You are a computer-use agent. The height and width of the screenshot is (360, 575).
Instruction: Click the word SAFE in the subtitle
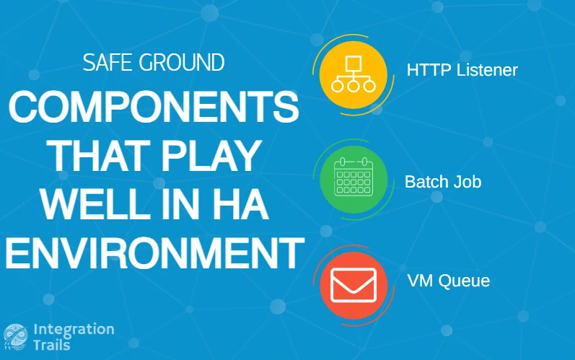(107, 62)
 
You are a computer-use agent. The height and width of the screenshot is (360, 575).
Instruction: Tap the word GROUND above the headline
(182, 62)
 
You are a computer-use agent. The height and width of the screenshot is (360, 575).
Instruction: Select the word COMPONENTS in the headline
(154, 107)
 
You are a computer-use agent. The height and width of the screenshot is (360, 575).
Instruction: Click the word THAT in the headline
(98, 156)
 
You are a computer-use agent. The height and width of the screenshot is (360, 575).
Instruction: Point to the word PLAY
(211, 156)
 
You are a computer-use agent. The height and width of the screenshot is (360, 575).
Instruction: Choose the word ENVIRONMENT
(154, 253)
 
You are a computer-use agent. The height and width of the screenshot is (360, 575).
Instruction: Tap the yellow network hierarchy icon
(353, 75)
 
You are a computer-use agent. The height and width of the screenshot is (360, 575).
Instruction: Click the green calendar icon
(354, 179)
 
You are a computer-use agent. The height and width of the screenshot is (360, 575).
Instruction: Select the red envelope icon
(354, 285)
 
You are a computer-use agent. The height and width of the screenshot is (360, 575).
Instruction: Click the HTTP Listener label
(462, 70)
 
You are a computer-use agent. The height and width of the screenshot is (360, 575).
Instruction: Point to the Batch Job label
(443, 182)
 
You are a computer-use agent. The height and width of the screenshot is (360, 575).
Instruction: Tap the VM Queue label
(449, 281)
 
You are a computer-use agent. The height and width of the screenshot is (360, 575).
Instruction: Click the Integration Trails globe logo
(15, 337)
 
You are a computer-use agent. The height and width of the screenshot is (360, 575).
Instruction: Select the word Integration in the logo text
(74, 329)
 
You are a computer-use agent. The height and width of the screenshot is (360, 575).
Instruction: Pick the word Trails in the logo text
(52, 345)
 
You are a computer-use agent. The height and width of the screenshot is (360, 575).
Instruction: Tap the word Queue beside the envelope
(464, 281)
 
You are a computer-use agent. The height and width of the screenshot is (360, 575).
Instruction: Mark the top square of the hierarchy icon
(354, 63)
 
